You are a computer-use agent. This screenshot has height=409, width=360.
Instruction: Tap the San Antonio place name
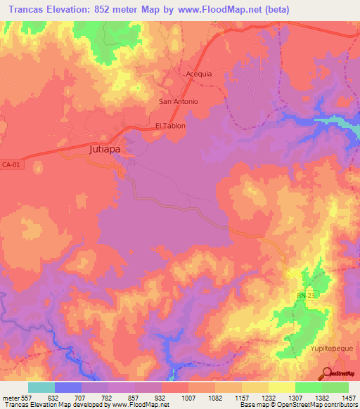179,101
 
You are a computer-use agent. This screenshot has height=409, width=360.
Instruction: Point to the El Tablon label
170,126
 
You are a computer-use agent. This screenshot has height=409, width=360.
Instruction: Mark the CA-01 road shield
11,164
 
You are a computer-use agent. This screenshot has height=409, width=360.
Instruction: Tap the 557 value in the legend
27,397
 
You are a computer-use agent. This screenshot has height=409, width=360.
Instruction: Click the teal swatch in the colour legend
41,387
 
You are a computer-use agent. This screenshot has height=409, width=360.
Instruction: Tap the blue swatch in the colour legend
68,387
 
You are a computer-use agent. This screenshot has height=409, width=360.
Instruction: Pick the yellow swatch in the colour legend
281,387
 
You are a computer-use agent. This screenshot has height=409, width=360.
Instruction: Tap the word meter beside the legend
9,397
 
